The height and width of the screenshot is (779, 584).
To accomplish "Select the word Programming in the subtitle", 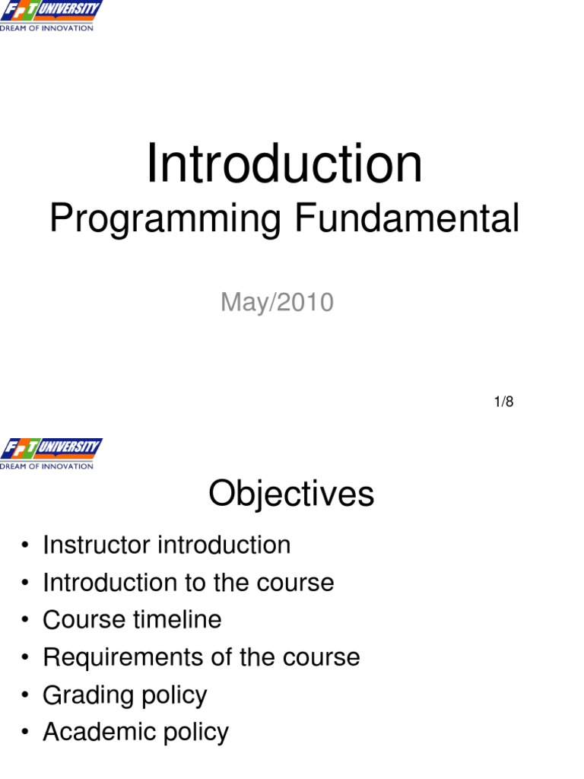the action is pos(165,219).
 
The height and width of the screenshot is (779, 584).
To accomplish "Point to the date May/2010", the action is pos(277,302).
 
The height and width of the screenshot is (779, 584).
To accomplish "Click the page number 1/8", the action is pos(503,402).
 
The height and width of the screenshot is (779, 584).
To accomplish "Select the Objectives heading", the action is pos(291,494).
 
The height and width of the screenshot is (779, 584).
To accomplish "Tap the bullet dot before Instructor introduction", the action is pos(25,545).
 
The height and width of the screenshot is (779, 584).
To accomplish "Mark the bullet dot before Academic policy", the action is pos(25,733).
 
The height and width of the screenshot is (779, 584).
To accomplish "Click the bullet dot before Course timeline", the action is pos(25,620).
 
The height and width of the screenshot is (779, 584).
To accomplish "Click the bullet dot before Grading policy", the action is pos(25,695).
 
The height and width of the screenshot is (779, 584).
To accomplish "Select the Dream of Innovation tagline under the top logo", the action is pos(46,28).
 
